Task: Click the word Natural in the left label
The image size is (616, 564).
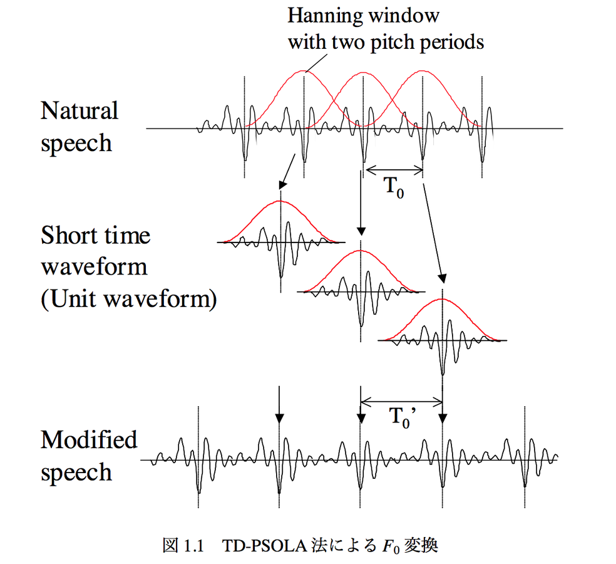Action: [80, 111]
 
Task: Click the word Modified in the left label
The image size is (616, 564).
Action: [89, 439]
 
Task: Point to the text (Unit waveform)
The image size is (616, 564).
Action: [129, 299]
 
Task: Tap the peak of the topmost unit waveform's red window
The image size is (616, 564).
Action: [280, 201]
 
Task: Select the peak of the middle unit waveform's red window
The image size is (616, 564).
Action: [361, 251]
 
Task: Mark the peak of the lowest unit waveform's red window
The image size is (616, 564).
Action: [443, 299]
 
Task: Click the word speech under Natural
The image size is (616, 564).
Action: [76, 144]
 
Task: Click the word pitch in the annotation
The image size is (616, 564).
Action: [397, 42]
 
